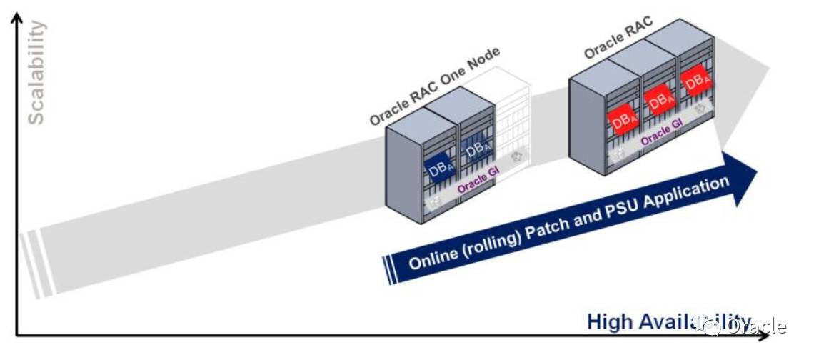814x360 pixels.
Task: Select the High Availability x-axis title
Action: (x=668, y=321)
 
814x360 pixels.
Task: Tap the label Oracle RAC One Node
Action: (x=434, y=86)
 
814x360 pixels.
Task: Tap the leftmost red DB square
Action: (x=623, y=119)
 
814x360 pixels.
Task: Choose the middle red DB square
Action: (x=661, y=99)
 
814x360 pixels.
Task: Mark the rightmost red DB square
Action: (x=696, y=81)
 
